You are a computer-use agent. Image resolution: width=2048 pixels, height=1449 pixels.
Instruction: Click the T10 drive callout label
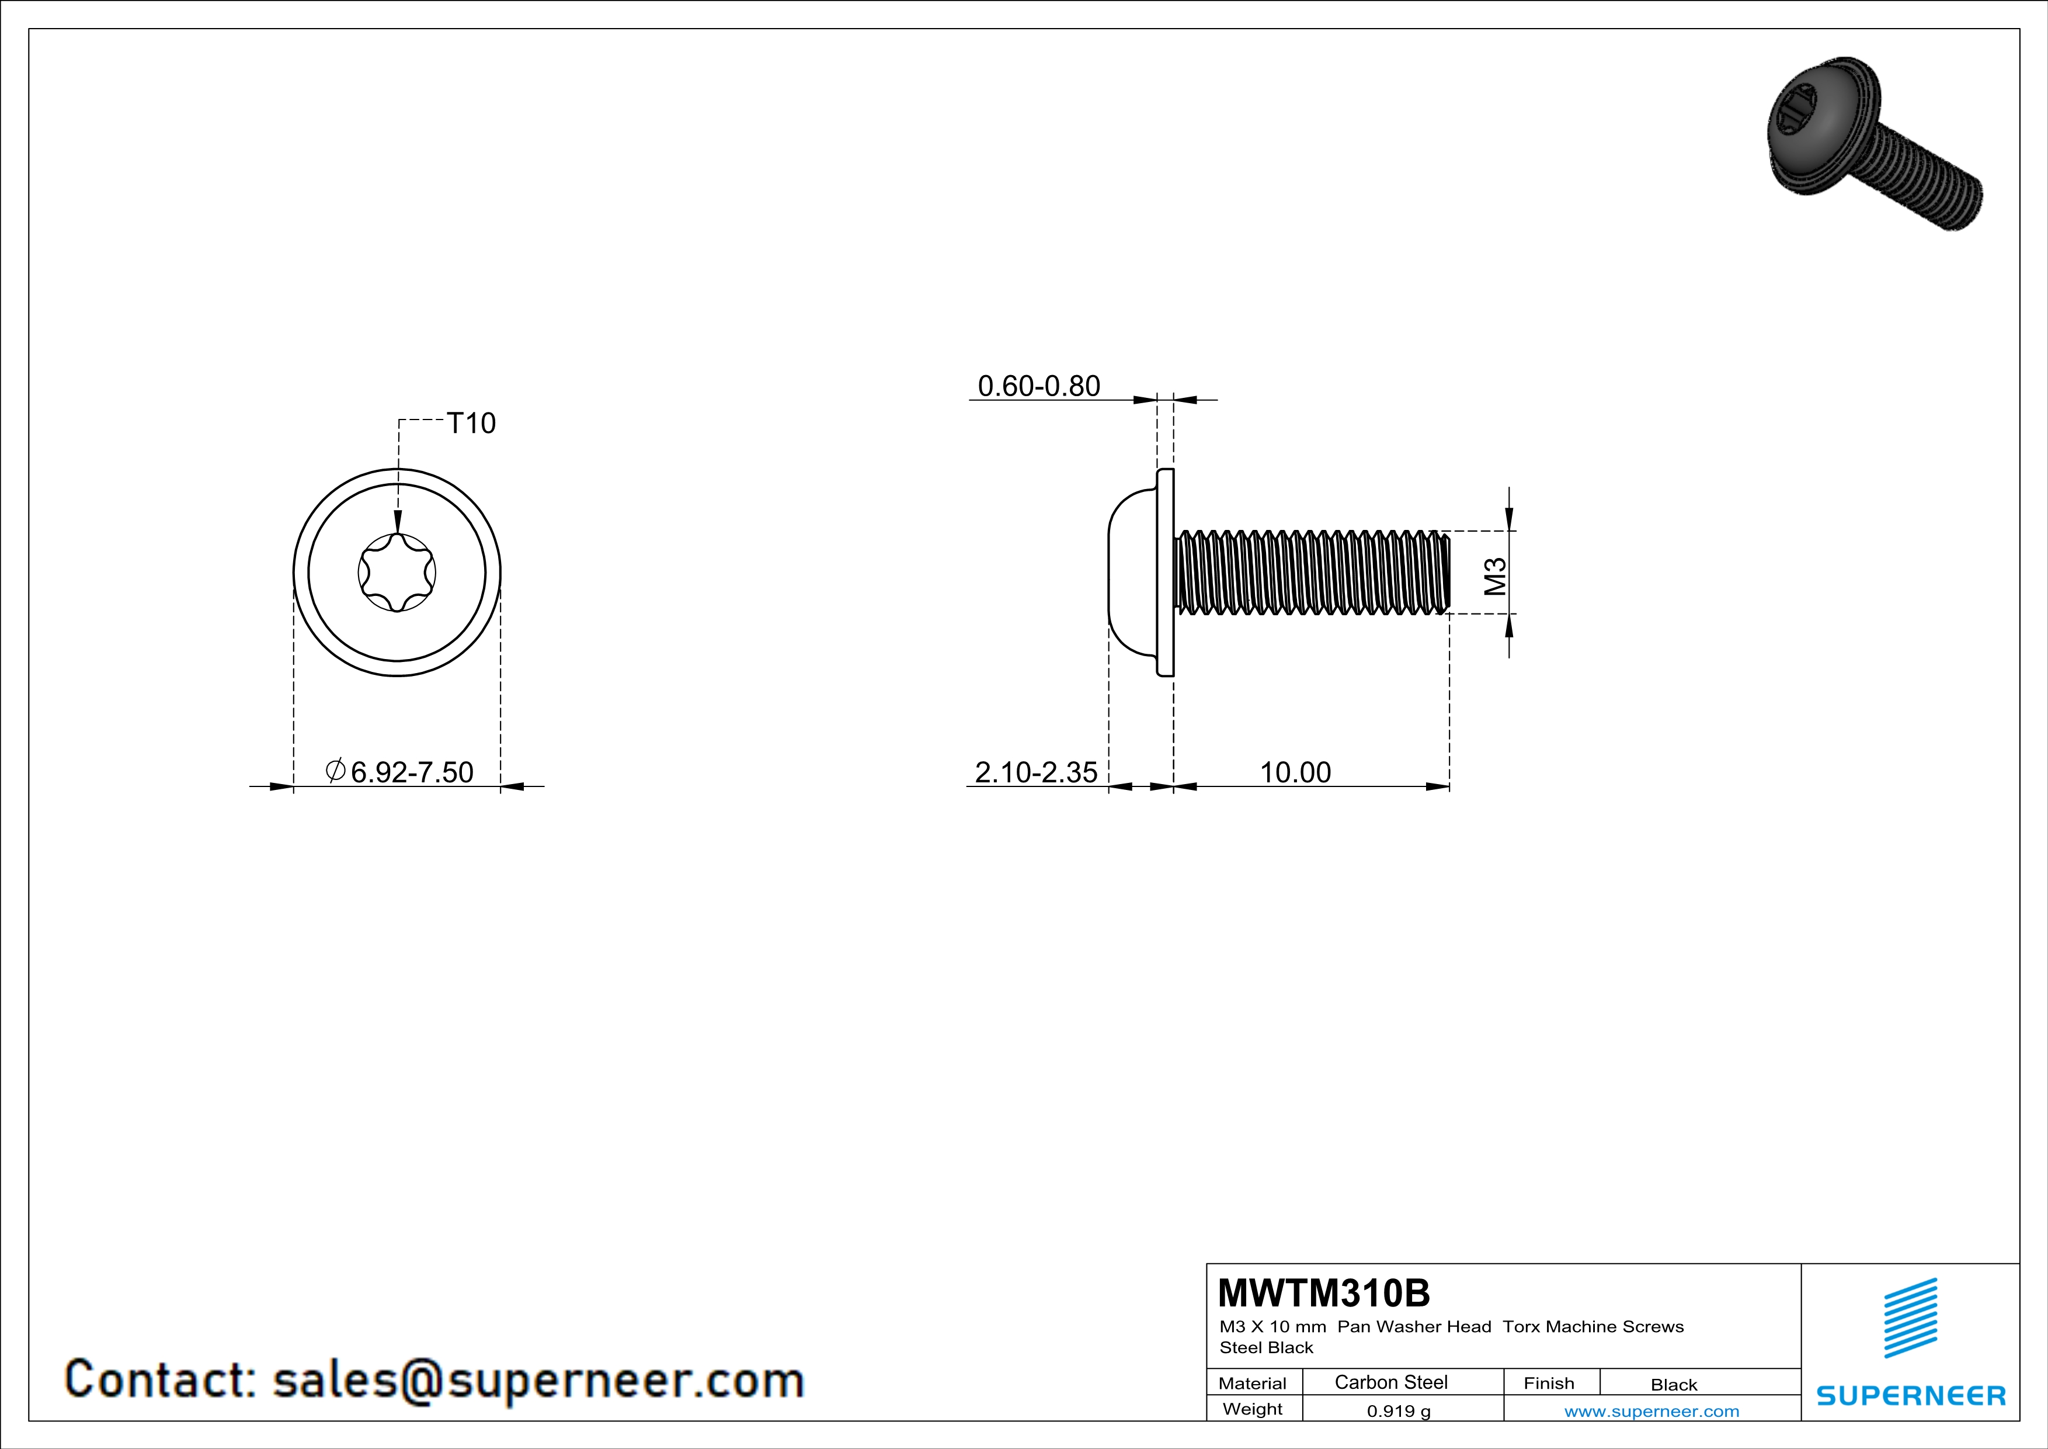[x=470, y=423]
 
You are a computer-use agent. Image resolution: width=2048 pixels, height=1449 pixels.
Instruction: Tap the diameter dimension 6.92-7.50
[x=399, y=772]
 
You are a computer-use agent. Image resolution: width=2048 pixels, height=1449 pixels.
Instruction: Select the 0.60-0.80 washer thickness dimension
[x=1038, y=386]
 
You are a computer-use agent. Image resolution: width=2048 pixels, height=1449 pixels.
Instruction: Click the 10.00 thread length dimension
[x=1295, y=772]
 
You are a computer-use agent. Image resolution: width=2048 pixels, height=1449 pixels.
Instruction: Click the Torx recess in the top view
[x=397, y=573]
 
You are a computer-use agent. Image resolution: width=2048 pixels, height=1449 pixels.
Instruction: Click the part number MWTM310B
[x=1324, y=1293]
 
